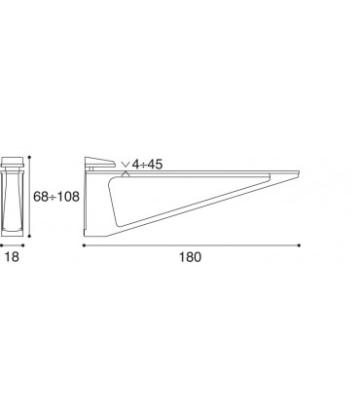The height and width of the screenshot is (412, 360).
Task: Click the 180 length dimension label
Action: pos(190,257)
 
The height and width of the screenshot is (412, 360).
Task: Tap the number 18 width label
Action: pos(13,257)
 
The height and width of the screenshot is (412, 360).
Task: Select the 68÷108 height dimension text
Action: pos(56,197)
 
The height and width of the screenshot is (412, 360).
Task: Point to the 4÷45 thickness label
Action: pos(147,165)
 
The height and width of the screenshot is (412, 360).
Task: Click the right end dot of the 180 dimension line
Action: pos(299,245)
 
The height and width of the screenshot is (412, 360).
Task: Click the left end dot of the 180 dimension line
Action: pos(84,245)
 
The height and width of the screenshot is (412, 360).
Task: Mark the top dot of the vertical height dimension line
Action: pos(29,157)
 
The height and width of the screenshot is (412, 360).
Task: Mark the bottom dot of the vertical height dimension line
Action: pos(29,237)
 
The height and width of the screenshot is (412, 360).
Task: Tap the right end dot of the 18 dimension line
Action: pos(22,245)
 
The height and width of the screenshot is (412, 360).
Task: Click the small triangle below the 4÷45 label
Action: pos(126,174)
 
